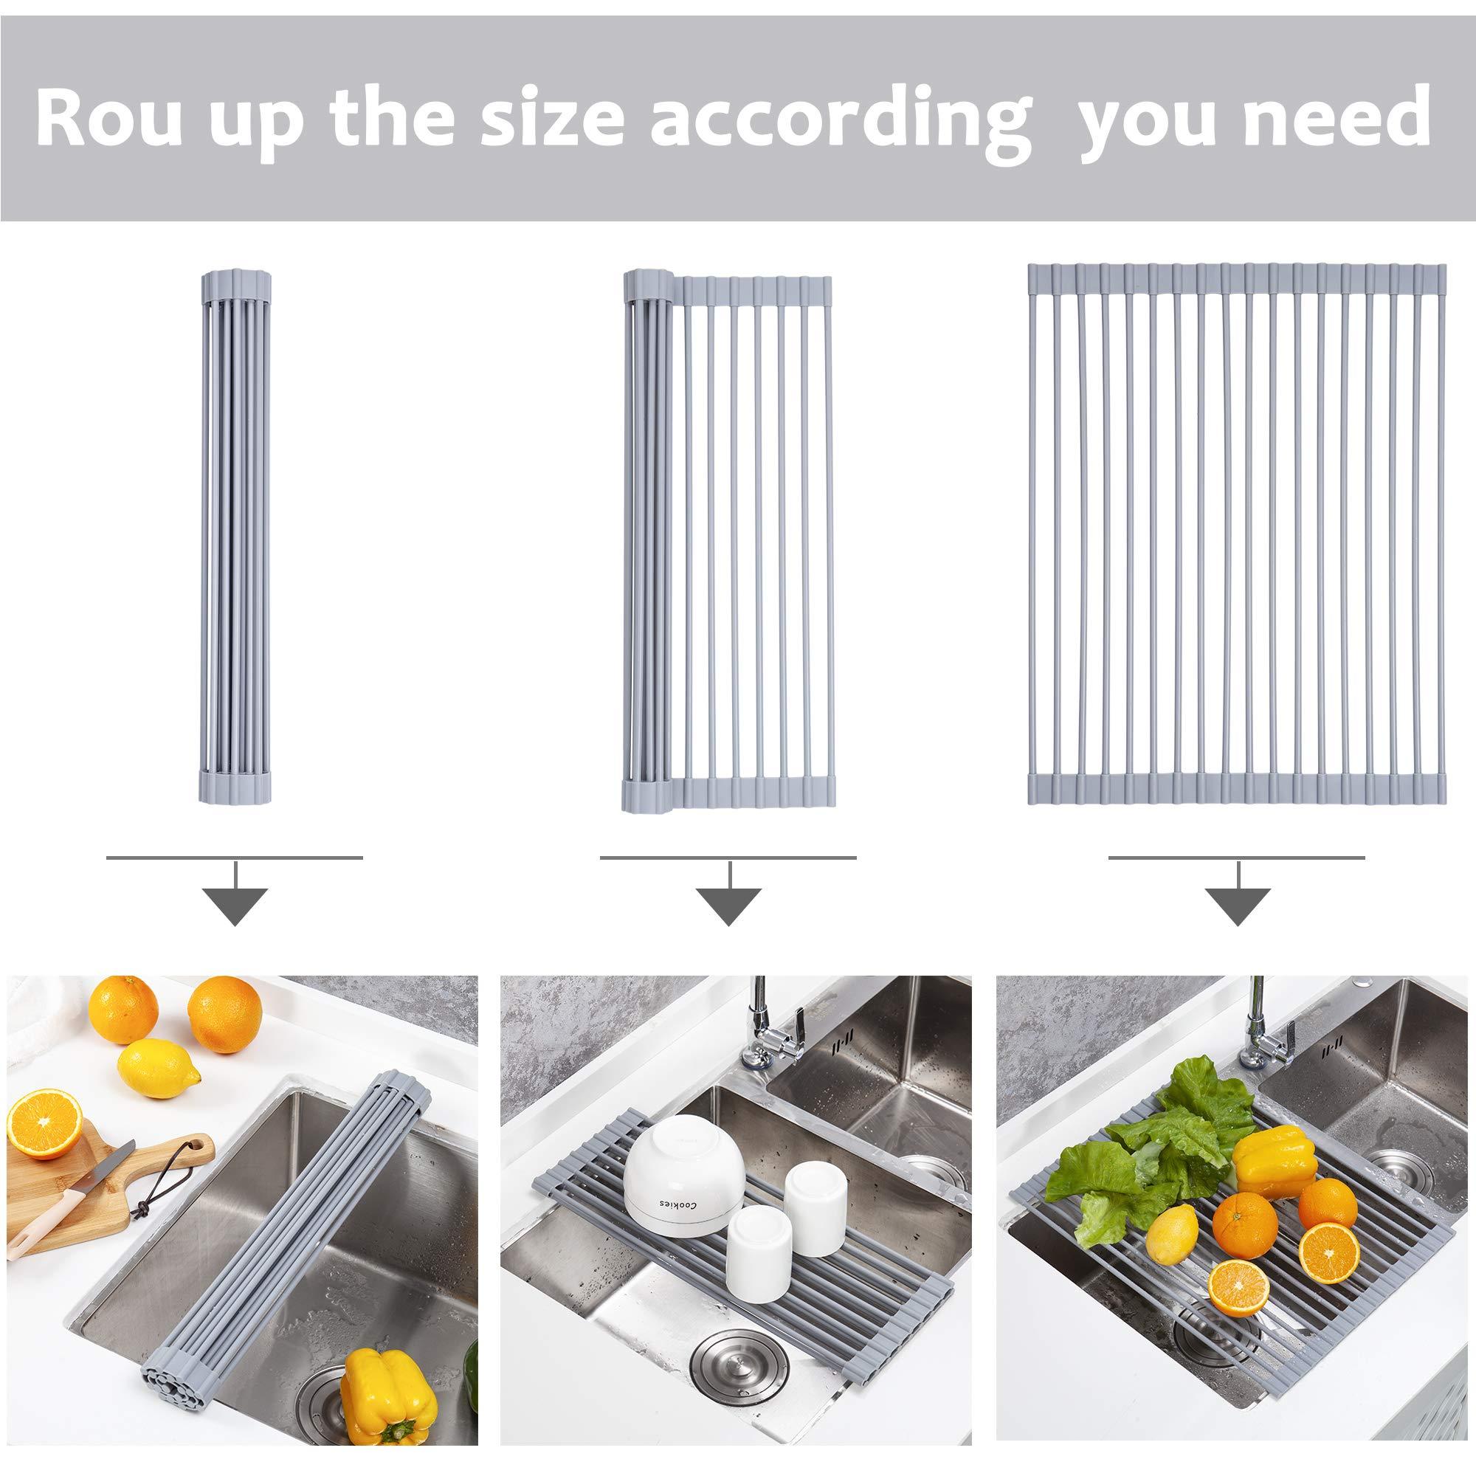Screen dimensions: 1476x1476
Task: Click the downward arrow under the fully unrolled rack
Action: click(x=1237, y=906)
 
